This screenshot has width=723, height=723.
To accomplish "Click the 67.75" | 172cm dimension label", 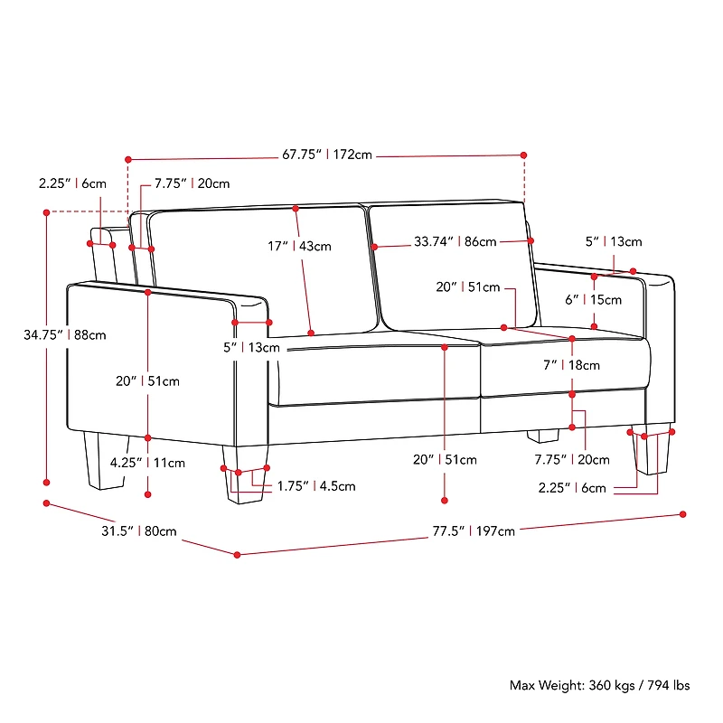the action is [x=327, y=155].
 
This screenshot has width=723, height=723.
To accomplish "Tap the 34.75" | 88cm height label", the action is [x=65, y=334].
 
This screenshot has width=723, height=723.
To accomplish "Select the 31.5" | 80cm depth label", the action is [x=139, y=531].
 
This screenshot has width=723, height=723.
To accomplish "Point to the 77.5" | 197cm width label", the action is [x=474, y=531].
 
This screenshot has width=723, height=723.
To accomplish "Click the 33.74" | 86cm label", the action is [x=455, y=241].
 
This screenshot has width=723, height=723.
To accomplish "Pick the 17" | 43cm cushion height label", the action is [x=300, y=246].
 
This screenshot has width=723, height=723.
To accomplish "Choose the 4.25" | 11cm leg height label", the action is [x=147, y=463].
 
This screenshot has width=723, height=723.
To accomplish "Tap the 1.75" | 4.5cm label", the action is [x=316, y=486].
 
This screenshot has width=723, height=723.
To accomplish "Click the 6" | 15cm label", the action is [x=594, y=300].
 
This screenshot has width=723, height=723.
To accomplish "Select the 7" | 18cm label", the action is [x=572, y=365].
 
